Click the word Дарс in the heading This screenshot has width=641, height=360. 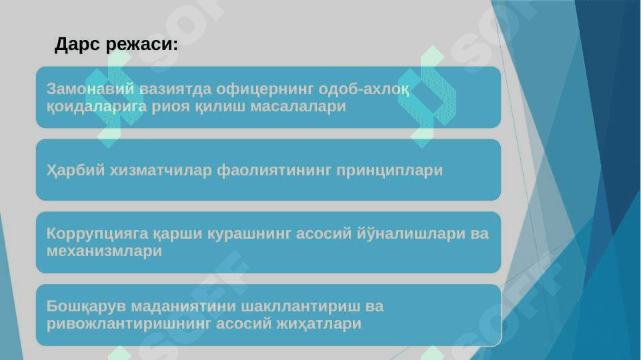(77, 45)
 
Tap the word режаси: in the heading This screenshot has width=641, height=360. (142, 44)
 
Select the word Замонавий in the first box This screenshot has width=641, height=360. (90, 89)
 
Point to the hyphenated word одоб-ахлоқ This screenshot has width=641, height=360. (364, 89)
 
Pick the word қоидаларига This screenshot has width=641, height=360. (97, 107)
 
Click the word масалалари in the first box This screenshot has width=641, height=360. (298, 106)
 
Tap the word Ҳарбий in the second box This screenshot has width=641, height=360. (75, 170)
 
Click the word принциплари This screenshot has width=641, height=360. (390, 171)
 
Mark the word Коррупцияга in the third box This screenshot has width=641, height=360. (97, 234)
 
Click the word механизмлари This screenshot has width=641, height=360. (104, 251)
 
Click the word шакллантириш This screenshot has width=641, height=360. (301, 307)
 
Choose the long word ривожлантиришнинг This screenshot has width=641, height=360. (129, 324)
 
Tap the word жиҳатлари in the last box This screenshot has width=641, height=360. (319, 324)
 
